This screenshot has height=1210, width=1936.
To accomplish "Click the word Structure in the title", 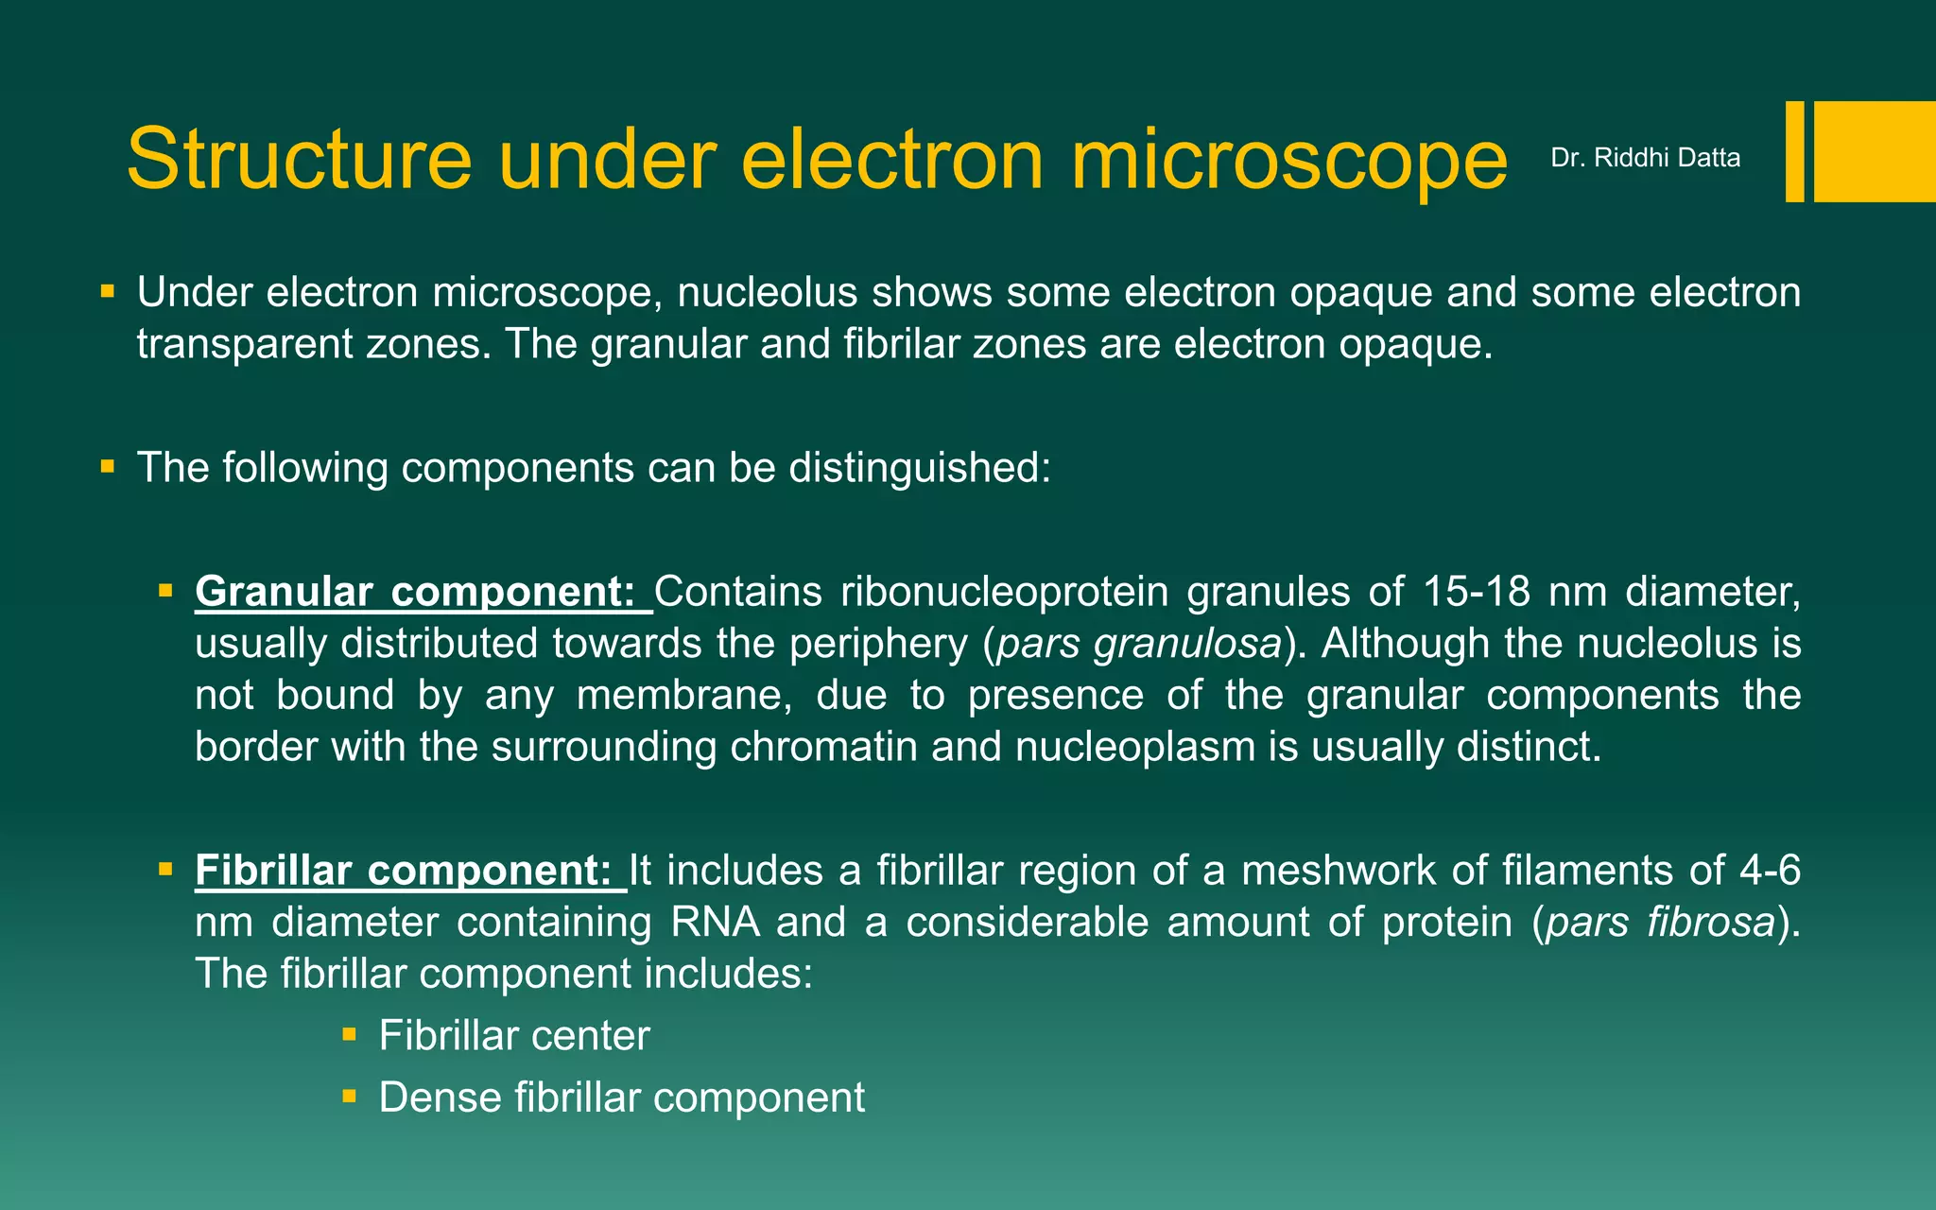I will (299, 159).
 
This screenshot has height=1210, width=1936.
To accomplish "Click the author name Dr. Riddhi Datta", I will (1645, 158).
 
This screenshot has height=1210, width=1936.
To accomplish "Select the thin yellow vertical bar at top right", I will (1794, 151).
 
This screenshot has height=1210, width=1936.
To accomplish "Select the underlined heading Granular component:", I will (416, 592).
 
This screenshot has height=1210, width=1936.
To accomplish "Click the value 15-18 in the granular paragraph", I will (1476, 592).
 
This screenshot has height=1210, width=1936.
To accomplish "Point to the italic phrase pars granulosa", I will (1139, 644).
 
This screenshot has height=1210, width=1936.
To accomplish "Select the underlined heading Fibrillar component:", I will (404, 871).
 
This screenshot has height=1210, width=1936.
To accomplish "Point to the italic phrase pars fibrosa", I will (1660, 923).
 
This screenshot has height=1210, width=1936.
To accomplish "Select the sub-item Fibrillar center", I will (514, 1036).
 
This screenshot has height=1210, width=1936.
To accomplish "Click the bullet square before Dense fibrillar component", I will (349, 1097).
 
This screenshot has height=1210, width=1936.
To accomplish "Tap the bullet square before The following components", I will (108, 466).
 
